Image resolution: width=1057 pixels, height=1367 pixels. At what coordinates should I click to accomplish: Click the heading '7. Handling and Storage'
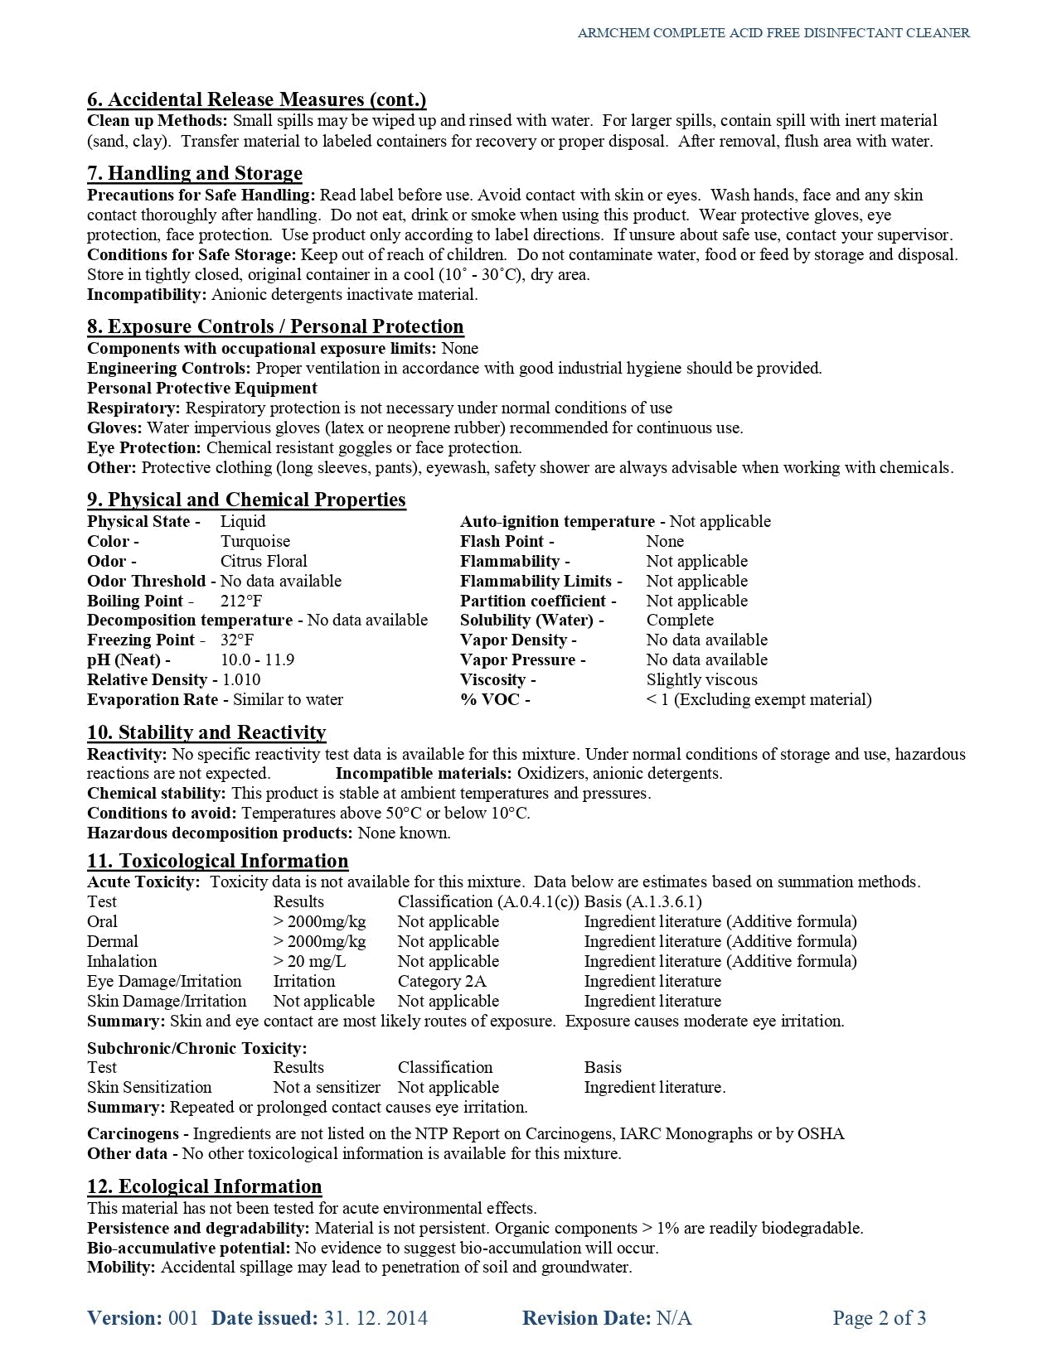pos(195,173)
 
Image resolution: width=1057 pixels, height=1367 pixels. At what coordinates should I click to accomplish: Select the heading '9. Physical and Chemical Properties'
pos(246,500)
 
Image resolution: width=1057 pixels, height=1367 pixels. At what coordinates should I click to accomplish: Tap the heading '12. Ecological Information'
pos(204,1186)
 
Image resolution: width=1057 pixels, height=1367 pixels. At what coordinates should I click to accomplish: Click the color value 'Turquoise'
pos(255,542)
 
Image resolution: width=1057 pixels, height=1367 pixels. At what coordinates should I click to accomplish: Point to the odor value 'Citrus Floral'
pos(264,562)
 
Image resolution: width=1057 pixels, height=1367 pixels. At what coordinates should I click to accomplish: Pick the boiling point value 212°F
pos(241,601)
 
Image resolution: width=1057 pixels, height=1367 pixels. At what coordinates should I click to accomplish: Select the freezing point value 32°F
pos(237,640)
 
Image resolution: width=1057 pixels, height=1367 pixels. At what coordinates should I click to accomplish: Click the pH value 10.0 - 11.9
pos(257,660)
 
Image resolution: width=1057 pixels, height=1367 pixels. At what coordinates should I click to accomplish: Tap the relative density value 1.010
pos(241,680)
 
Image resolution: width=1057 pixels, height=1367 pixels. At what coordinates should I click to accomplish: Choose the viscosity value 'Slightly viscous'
pos(701,680)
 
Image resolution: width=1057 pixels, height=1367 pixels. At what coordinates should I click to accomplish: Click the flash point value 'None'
pos(665,542)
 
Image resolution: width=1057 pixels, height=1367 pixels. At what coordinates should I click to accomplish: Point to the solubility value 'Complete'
pos(680,621)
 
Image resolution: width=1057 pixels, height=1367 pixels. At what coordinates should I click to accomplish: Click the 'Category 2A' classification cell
pos(442,982)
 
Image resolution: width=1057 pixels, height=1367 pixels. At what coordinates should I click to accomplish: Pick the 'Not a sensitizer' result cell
pos(327,1088)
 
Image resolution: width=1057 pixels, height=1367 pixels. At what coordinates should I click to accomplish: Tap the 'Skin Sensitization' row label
pos(149,1088)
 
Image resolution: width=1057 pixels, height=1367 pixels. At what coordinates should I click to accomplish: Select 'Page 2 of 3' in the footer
pos(879,1318)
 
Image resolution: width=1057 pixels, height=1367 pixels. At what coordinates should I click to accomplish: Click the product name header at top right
pos(773,33)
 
